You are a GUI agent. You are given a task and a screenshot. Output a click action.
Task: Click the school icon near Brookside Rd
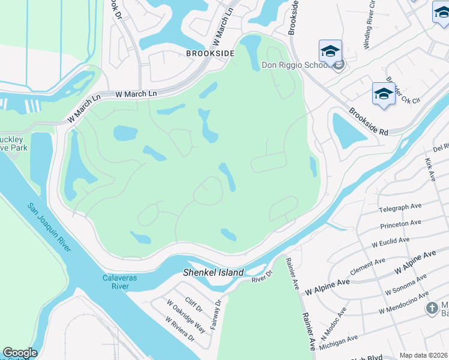(383, 94)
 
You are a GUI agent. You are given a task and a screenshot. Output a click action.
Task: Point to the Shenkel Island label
(214, 272)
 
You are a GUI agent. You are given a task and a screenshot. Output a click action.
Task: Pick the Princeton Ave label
(400, 224)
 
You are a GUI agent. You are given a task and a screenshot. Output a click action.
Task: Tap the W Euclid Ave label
(390, 242)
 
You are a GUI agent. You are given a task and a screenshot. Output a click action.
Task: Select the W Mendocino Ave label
(403, 303)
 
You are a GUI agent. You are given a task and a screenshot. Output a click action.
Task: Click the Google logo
(20, 353)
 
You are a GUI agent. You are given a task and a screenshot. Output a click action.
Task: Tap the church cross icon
(432, 308)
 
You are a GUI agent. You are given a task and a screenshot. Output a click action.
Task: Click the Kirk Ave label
(429, 170)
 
